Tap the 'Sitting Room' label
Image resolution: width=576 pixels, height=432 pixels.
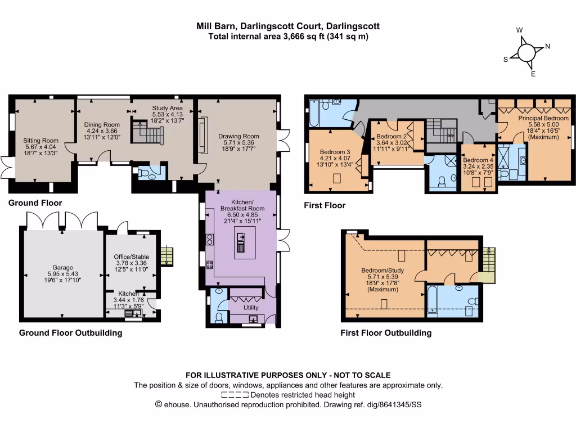[x=41, y=141]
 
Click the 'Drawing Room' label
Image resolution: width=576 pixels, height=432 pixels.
[x=238, y=136]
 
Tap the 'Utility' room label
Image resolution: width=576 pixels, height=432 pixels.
[x=250, y=308]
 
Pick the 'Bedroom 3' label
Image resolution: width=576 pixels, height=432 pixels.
[x=335, y=152]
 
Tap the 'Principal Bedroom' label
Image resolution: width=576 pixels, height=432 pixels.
[x=543, y=119]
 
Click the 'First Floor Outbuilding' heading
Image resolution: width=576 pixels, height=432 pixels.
[x=386, y=333]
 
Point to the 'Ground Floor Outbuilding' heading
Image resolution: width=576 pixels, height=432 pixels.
[x=70, y=333]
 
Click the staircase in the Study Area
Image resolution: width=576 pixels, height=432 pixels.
[x=148, y=134]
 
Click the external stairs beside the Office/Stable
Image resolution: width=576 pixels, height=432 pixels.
[x=167, y=256]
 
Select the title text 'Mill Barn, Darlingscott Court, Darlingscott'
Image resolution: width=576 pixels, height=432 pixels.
[x=287, y=26]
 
